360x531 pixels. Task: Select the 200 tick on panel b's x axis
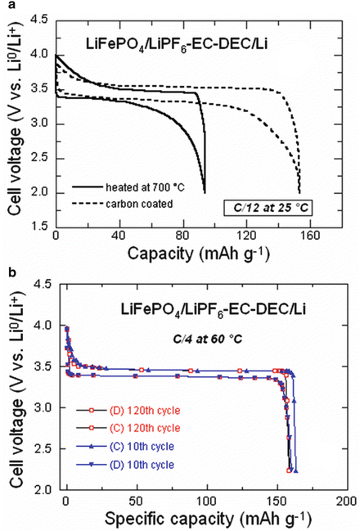[x=347, y=500]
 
